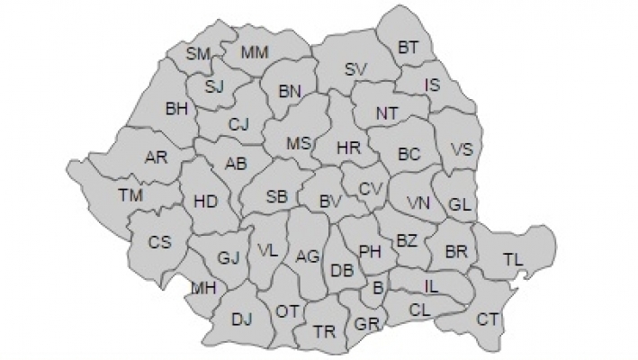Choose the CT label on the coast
click(x=488, y=318)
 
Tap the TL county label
click(x=513, y=259)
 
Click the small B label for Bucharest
click(x=378, y=287)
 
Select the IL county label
click(x=432, y=286)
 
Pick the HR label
click(x=348, y=147)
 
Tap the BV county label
click(x=330, y=203)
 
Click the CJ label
click(x=238, y=124)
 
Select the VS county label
click(x=461, y=149)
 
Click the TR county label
click(x=324, y=331)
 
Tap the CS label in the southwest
click(x=159, y=241)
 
